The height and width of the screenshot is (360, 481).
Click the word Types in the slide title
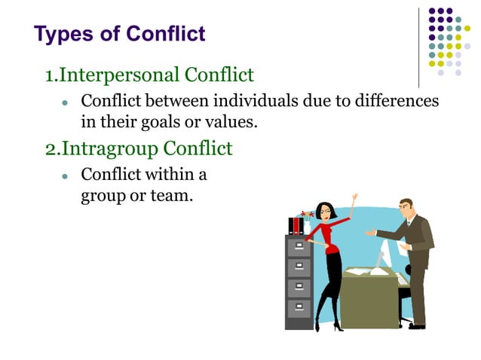[59, 34]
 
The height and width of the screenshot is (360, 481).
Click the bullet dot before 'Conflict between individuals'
[66, 102]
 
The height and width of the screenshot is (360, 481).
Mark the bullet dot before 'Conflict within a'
[66, 175]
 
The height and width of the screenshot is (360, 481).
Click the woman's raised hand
[353, 199]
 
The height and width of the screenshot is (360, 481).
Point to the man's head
[405, 209]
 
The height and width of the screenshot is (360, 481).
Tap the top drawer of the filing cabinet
[299, 246]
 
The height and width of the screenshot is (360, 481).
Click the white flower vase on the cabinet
[307, 227]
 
